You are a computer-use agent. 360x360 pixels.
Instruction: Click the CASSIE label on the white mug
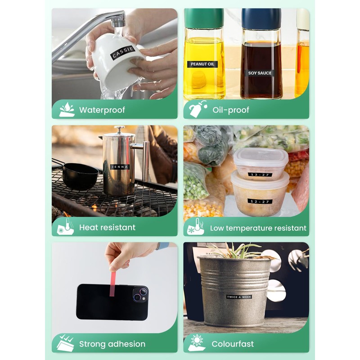(123, 52)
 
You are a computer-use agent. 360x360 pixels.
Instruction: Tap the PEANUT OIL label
(202, 64)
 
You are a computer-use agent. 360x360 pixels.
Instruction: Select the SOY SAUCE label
(260, 73)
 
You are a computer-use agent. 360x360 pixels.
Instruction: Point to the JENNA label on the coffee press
(120, 167)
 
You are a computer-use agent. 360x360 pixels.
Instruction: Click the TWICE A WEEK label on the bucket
(239, 297)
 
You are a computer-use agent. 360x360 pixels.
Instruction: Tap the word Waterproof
(102, 110)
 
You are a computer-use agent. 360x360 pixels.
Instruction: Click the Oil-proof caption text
(231, 110)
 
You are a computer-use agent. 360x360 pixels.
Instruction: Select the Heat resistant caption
(107, 228)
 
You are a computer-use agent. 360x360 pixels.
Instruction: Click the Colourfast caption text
(233, 344)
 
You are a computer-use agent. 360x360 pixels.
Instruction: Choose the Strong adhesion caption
(112, 344)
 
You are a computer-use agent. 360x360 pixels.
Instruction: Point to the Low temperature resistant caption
(258, 228)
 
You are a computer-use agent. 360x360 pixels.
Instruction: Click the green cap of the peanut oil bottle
(204, 18)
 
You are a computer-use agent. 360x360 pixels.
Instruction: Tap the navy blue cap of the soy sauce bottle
(261, 18)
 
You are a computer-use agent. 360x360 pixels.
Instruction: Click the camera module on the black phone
(140, 294)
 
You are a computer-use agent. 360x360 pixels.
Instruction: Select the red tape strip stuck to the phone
(112, 284)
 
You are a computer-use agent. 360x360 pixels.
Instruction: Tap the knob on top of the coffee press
(119, 130)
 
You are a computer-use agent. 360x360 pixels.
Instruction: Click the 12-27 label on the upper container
(260, 175)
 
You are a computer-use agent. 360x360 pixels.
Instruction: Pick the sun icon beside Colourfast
(197, 341)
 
